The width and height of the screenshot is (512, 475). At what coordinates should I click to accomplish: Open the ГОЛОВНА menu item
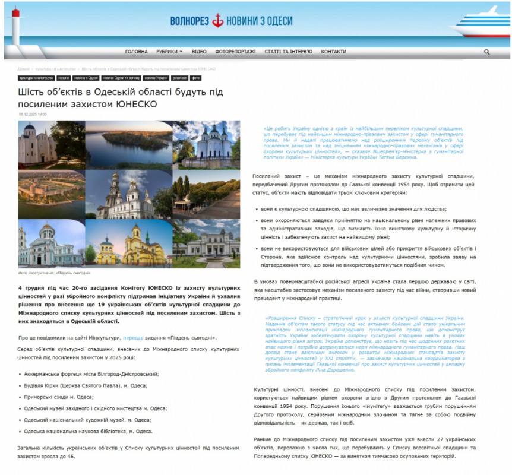(x=137, y=52)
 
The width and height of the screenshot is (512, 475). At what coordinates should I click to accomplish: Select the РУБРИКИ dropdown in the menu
(x=169, y=52)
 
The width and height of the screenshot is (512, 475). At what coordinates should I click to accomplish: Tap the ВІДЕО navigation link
(x=199, y=52)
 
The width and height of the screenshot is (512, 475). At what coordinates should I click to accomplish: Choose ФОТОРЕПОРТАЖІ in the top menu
(x=235, y=52)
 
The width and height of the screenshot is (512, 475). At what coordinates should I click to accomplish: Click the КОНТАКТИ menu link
(x=333, y=52)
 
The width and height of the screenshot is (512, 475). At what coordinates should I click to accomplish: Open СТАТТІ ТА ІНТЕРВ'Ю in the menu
(x=288, y=52)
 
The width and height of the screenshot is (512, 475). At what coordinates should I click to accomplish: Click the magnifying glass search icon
(x=486, y=52)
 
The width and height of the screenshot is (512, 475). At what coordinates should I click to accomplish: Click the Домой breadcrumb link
(x=23, y=69)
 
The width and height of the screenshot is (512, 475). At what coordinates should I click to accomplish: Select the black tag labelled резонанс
(x=180, y=78)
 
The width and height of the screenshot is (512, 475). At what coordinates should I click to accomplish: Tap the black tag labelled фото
(x=195, y=78)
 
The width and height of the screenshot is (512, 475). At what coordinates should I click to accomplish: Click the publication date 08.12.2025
(x=33, y=114)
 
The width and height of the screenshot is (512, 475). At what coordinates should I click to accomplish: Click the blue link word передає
(x=132, y=337)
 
